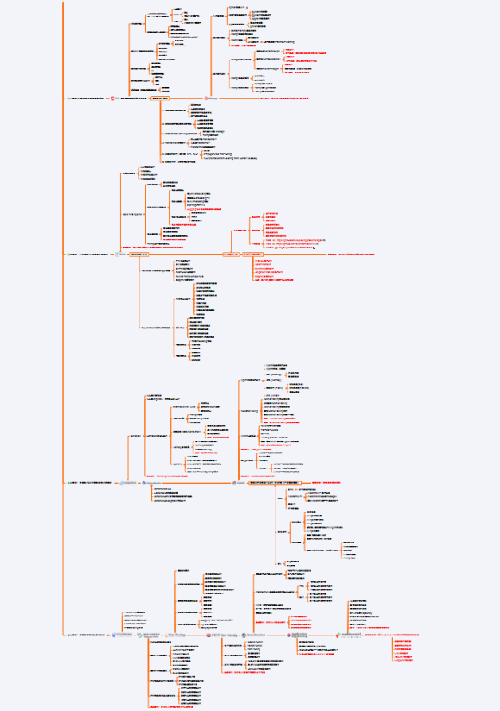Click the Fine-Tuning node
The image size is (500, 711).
(x=177, y=635)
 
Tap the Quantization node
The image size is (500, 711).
(x=269, y=635)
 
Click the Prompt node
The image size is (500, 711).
(x=213, y=98)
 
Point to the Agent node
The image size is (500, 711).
(x=240, y=482)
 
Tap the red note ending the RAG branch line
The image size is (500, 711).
(x=350, y=254)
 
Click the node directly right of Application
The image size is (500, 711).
(x=350, y=635)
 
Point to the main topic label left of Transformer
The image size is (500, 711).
(x=89, y=635)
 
